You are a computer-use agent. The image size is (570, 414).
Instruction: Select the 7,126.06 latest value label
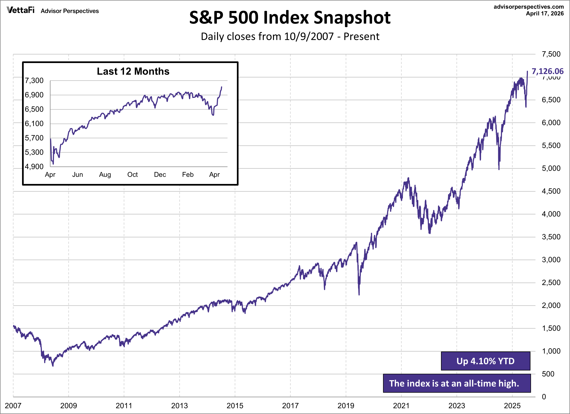coord(547,71)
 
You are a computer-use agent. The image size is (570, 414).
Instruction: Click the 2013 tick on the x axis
coord(179,405)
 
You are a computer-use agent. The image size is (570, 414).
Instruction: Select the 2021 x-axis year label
coord(401,405)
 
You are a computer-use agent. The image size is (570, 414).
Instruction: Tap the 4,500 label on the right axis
coord(551,191)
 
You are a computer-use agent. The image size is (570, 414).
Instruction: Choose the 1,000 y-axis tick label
coord(551,351)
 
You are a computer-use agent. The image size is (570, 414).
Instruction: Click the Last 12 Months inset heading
coord(133,71)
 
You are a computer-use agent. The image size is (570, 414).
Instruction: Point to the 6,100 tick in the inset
coord(34,124)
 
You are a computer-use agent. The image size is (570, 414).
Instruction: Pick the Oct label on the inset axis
coord(132,175)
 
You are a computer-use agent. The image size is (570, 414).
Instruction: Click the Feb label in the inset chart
coord(188,175)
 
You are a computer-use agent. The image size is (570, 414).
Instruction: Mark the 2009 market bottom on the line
coord(53,366)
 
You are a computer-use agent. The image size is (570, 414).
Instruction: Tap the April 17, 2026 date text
coord(545,13)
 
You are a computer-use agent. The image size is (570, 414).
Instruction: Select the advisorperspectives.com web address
coord(528,7)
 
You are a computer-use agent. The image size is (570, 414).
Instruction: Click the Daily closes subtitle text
coord(290,37)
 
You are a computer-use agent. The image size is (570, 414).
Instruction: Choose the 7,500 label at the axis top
coord(551,54)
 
